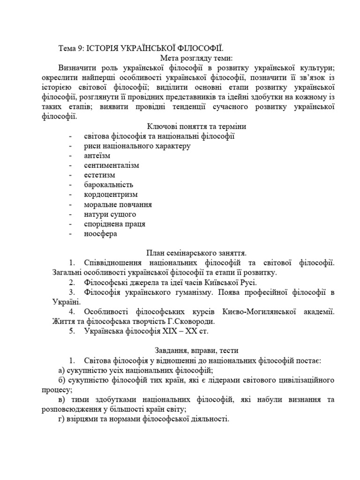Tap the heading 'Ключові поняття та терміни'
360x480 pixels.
[196, 127]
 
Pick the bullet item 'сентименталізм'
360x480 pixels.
[112, 165]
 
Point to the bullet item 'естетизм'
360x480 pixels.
[100, 175]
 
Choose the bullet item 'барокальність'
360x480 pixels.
[109, 185]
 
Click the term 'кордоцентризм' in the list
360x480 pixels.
[111, 195]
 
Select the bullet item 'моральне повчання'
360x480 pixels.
[118, 204]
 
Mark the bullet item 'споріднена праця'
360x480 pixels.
[114, 224]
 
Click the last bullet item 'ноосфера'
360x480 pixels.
[100, 233]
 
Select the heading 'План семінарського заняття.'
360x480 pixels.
[196, 253]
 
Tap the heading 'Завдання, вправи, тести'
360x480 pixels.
[196, 351]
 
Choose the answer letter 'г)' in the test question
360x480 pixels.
[61, 419]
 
